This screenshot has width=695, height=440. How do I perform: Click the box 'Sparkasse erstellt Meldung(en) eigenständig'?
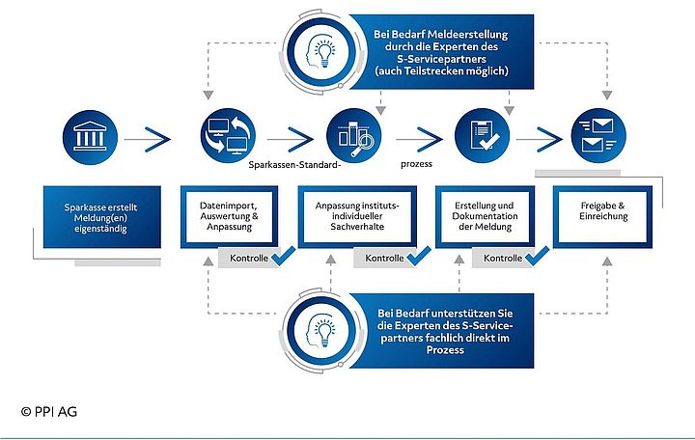tap(99, 217)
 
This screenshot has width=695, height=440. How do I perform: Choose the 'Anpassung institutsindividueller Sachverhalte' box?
tap(357, 217)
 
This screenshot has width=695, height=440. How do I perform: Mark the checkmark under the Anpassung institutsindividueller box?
tap(418, 258)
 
